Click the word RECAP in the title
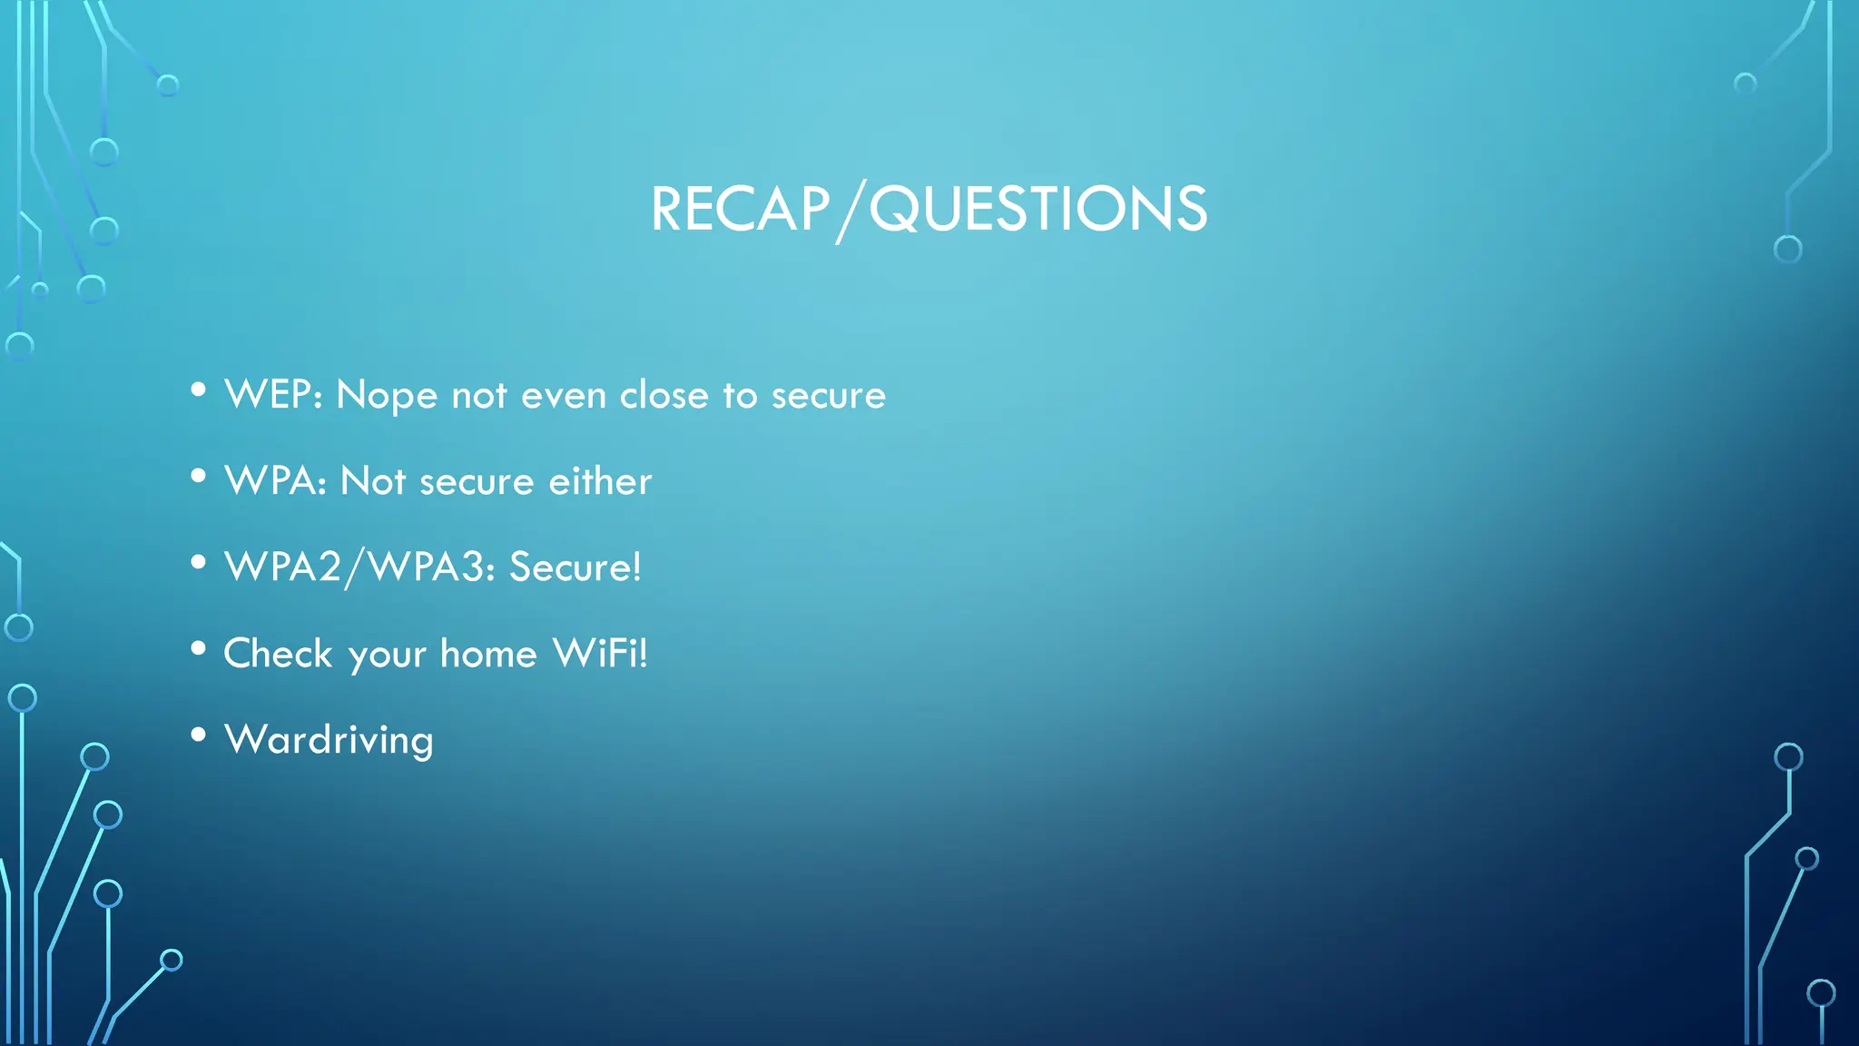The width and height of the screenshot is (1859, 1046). click(x=740, y=210)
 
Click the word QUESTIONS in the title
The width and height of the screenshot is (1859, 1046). click(x=1038, y=210)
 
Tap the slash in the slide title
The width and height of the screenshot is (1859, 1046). click(x=849, y=212)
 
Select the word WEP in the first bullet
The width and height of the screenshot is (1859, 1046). click(x=268, y=395)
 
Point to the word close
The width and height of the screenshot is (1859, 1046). click(x=664, y=395)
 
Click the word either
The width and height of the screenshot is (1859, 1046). click(x=600, y=481)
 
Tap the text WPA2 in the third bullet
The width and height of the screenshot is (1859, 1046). click(x=282, y=567)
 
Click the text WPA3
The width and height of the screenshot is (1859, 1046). click(x=427, y=567)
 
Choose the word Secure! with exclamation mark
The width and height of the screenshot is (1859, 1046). click(x=575, y=567)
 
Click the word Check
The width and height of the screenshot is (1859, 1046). click(x=278, y=654)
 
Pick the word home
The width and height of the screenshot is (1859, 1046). click(x=488, y=654)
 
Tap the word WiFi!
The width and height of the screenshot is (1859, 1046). click(x=600, y=654)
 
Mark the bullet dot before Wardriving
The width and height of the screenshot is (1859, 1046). click(x=199, y=735)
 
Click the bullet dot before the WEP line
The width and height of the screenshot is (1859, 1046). click(x=199, y=390)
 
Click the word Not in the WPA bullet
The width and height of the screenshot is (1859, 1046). click(x=372, y=481)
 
